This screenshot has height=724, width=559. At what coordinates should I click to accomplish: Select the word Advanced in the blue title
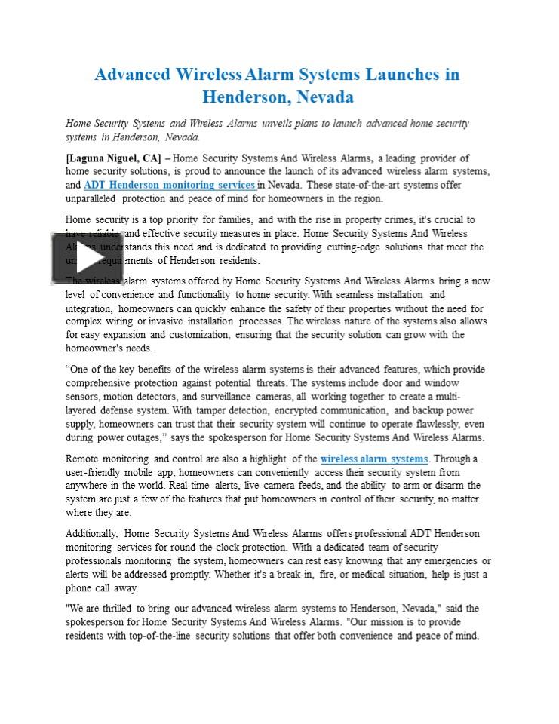click(133, 75)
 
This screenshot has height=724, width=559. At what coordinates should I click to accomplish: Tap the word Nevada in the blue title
click(324, 97)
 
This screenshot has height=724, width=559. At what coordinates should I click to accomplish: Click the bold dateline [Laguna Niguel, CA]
click(113, 158)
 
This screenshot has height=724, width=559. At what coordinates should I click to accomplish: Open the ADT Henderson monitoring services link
click(170, 185)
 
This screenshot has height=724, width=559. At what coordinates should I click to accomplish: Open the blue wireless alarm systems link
click(373, 459)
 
